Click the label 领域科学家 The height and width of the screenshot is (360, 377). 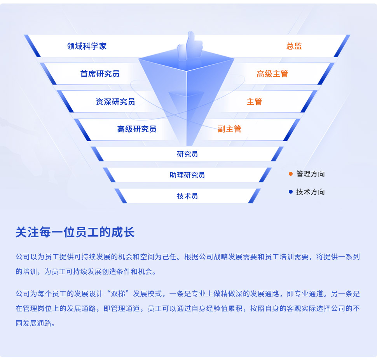(x=87, y=46)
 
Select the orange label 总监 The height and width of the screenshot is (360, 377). (x=294, y=46)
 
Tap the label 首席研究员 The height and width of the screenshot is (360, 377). (x=100, y=74)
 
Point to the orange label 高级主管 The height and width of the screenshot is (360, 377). (x=272, y=74)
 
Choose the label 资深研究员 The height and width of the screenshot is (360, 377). (x=115, y=102)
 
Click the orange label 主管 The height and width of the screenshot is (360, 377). (x=255, y=102)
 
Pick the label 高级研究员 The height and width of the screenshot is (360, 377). (x=137, y=129)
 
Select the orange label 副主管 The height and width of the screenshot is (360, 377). (x=230, y=129)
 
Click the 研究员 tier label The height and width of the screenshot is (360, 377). (x=187, y=154)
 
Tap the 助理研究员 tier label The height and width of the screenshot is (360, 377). (x=187, y=175)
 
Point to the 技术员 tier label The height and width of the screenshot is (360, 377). (x=187, y=196)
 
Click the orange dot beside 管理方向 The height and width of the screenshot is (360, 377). (x=291, y=174)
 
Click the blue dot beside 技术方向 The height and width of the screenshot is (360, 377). (x=291, y=192)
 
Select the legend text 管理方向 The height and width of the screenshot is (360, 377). (x=311, y=174)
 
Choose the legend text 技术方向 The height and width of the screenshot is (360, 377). (x=311, y=192)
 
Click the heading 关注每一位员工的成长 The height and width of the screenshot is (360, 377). (x=75, y=232)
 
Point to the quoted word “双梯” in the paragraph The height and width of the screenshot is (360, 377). (x=120, y=294)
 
